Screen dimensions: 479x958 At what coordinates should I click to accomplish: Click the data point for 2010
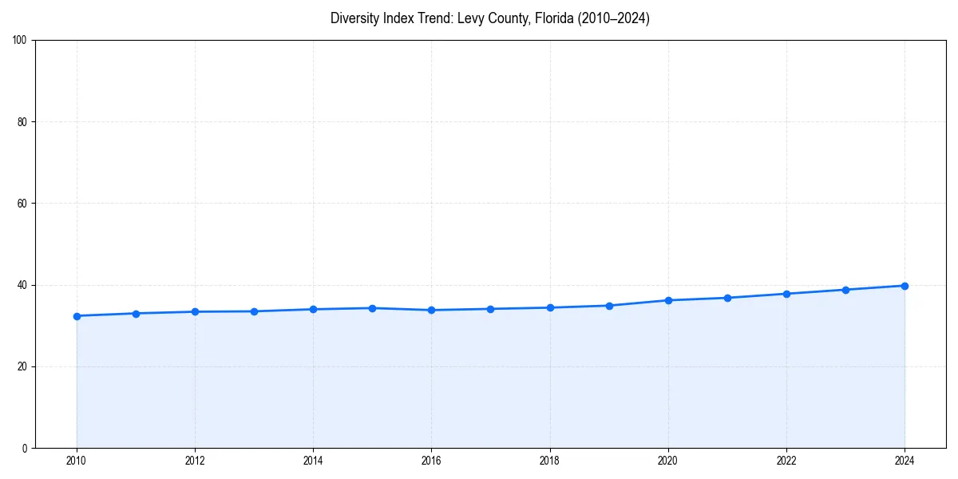(77, 316)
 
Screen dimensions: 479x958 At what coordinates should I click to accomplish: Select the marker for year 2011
(136, 314)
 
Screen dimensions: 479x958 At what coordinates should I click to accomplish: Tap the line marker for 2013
(254, 311)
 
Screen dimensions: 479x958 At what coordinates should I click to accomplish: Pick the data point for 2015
(372, 308)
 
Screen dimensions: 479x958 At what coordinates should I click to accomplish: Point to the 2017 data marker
(490, 309)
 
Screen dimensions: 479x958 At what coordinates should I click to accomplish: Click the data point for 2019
(609, 306)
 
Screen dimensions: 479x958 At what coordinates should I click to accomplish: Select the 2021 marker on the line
(727, 298)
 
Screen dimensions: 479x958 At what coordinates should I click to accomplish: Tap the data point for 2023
(845, 290)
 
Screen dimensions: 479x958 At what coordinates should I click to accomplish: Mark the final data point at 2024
(905, 286)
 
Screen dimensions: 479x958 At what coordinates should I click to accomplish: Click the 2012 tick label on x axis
(195, 461)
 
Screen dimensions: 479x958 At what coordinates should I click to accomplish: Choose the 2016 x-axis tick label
(431, 461)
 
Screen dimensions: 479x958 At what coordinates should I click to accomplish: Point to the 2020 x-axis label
(668, 461)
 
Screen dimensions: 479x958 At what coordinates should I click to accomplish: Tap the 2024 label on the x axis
(905, 461)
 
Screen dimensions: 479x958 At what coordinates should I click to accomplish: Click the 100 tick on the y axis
(21, 41)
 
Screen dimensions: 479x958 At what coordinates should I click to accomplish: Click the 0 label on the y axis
(26, 448)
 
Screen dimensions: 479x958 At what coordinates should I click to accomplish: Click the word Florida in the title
(542, 18)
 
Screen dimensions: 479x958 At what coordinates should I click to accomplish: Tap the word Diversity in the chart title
(355, 18)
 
